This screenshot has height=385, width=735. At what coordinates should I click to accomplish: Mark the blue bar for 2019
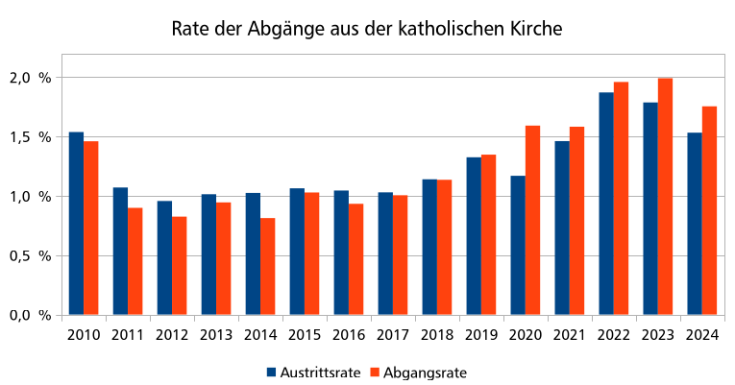tap(474, 236)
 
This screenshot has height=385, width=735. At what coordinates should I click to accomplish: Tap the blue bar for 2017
tap(385, 253)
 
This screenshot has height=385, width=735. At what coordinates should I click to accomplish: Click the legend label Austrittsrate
tap(320, 372)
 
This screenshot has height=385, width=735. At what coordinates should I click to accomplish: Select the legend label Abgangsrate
tap(426, 372)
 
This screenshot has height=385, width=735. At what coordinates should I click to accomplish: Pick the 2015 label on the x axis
tap(305, 334)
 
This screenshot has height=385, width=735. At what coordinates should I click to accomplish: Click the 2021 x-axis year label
tap(570, 334)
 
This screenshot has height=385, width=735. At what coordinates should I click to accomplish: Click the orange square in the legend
tap(376, 372)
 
